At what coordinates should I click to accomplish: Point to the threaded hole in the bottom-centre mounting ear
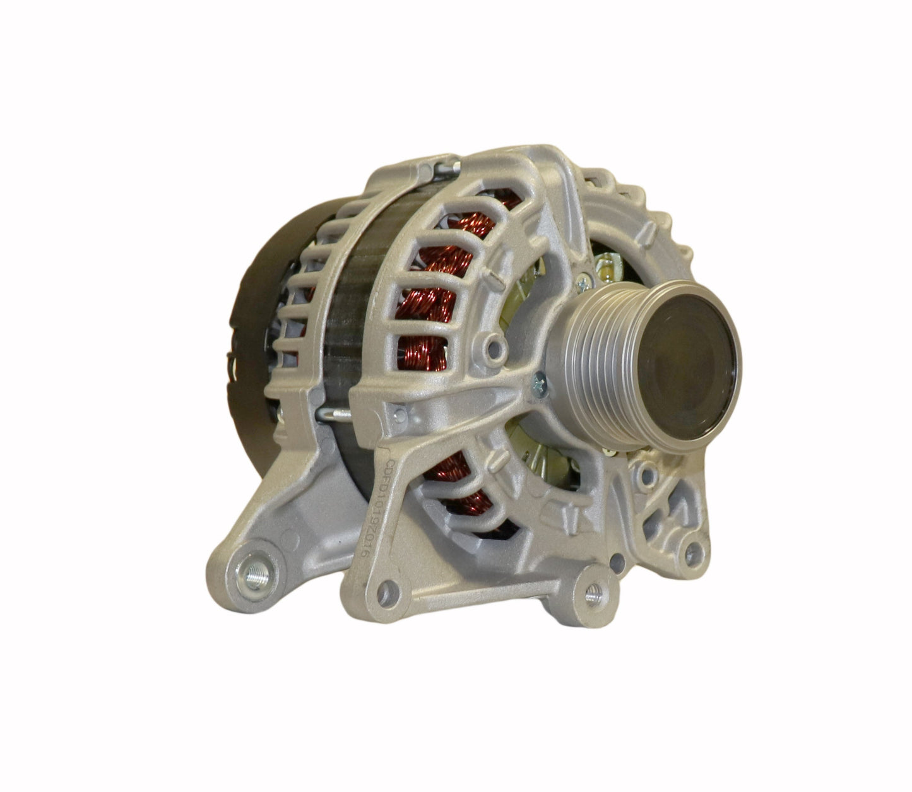[592, 593]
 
